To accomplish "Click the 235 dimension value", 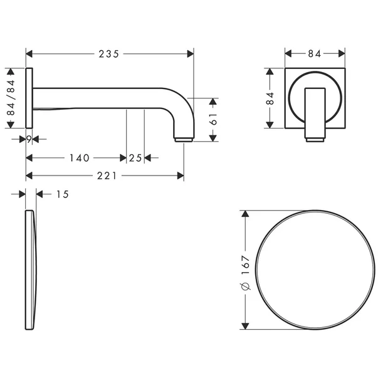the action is tap(108, 54).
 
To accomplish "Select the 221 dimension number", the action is tap(107, 176).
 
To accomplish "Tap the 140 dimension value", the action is tap(80, 158).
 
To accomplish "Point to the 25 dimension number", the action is tap(135, 158).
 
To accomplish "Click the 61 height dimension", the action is tap(213, 119).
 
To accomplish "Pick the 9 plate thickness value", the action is tap(29, 139).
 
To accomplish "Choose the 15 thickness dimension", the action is tap(63, 194).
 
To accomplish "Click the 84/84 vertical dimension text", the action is tap(11, 98).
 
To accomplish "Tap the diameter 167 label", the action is tap(246, 273).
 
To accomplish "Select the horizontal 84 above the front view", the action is tap(314, 54).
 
